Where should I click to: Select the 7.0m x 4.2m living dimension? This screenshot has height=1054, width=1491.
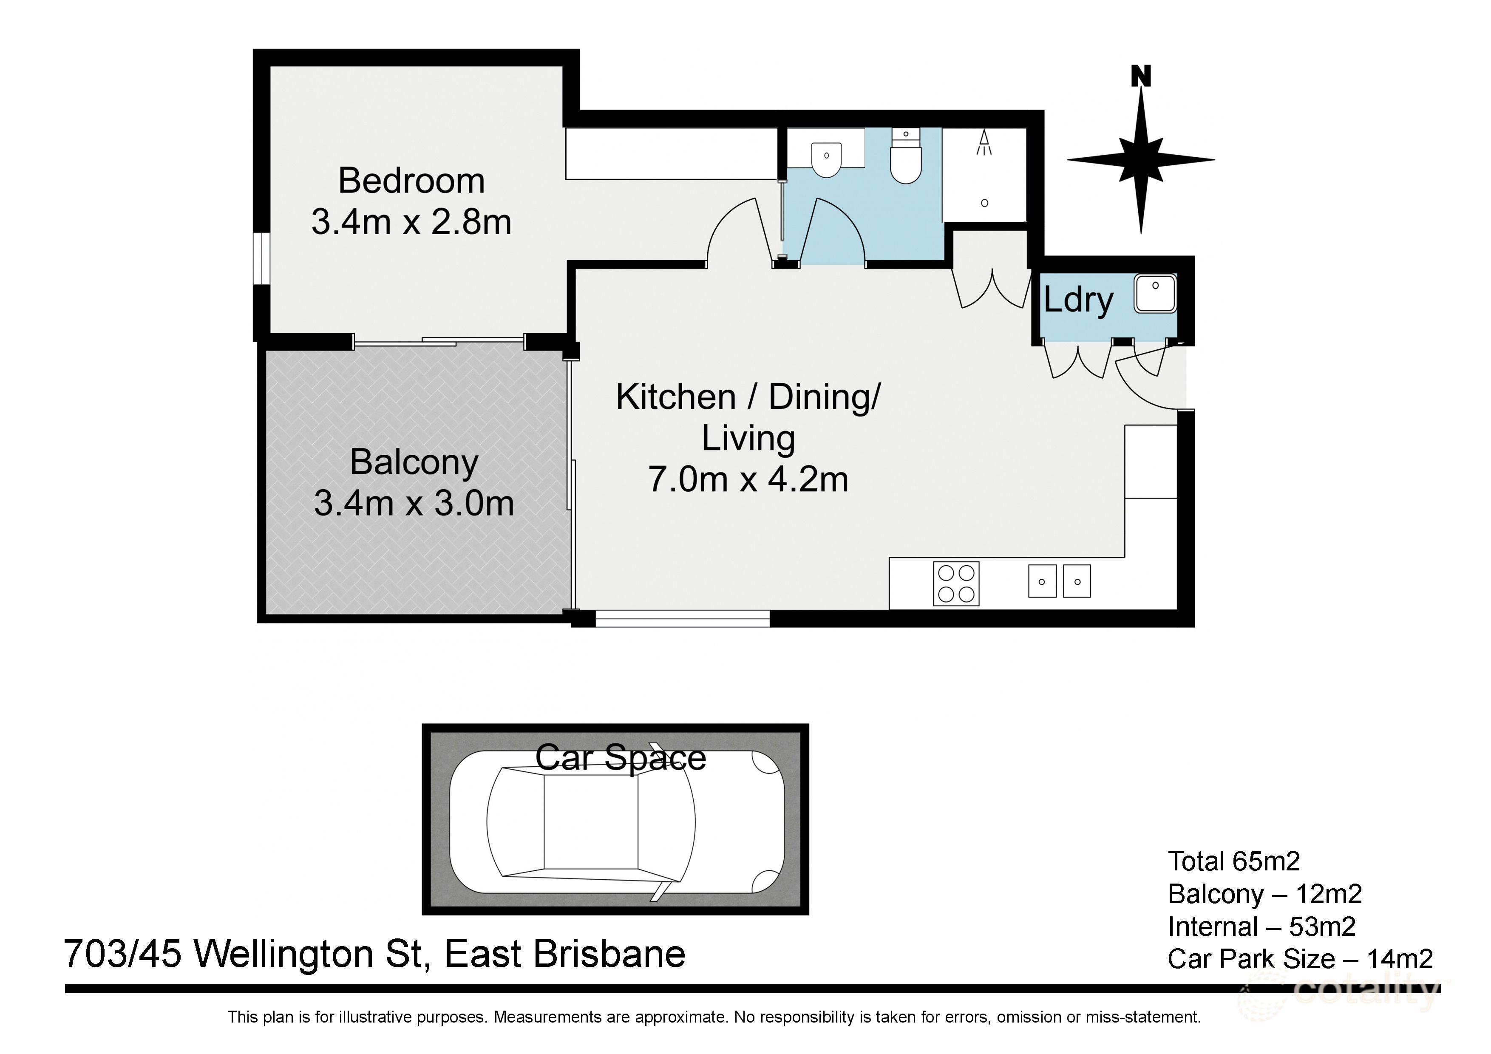(748, 480)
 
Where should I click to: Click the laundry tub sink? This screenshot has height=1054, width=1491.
(1155, 294)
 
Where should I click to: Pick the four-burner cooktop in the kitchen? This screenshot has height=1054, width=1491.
(956, 583)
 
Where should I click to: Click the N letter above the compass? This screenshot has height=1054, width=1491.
(1140, 76)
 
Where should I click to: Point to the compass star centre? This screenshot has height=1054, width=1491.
(1140, 159)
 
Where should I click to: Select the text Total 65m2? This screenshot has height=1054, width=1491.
(1234, 861)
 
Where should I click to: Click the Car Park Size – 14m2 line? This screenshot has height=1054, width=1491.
(1300, 958)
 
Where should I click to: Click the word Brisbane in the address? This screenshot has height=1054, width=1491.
(609, 954)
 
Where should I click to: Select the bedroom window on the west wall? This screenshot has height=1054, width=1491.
(262, 258)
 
